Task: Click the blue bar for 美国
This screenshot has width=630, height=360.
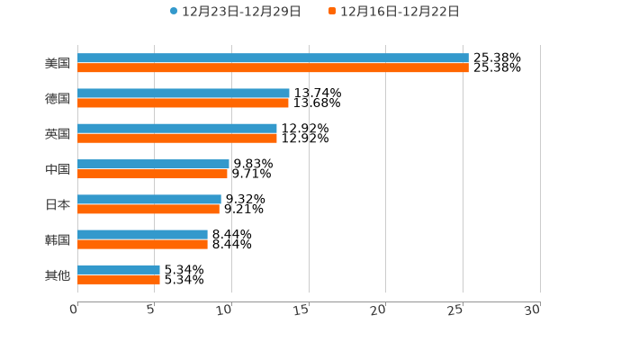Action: coord(273,58)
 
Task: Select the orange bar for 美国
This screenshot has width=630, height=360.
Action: coord(273,68)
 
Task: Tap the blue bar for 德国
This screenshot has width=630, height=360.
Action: coord(184,94)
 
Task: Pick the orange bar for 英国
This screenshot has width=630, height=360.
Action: coord(177,139)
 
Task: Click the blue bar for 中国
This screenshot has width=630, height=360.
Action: coord(153,164)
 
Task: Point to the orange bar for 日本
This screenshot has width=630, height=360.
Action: coord(148,209)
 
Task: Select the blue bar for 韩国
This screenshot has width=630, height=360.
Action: coord(142,234)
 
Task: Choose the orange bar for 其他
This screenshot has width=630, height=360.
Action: coord(119,279)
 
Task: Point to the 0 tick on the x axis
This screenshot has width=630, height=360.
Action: coord(74,310)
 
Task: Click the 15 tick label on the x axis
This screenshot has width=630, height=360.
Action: coord(301,310)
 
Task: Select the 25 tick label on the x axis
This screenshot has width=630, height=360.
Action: coord(455,310)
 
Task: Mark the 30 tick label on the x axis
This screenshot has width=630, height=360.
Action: coord(533,310)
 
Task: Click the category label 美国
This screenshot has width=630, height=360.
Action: coord(58,64)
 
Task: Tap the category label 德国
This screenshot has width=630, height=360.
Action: coord(58,99)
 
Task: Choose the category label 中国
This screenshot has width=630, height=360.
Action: coord(58,169)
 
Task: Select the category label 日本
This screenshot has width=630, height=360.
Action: coord(58,204)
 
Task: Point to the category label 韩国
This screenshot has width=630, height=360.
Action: coord(58,239)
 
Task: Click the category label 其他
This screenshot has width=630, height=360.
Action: coord(58,274)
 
